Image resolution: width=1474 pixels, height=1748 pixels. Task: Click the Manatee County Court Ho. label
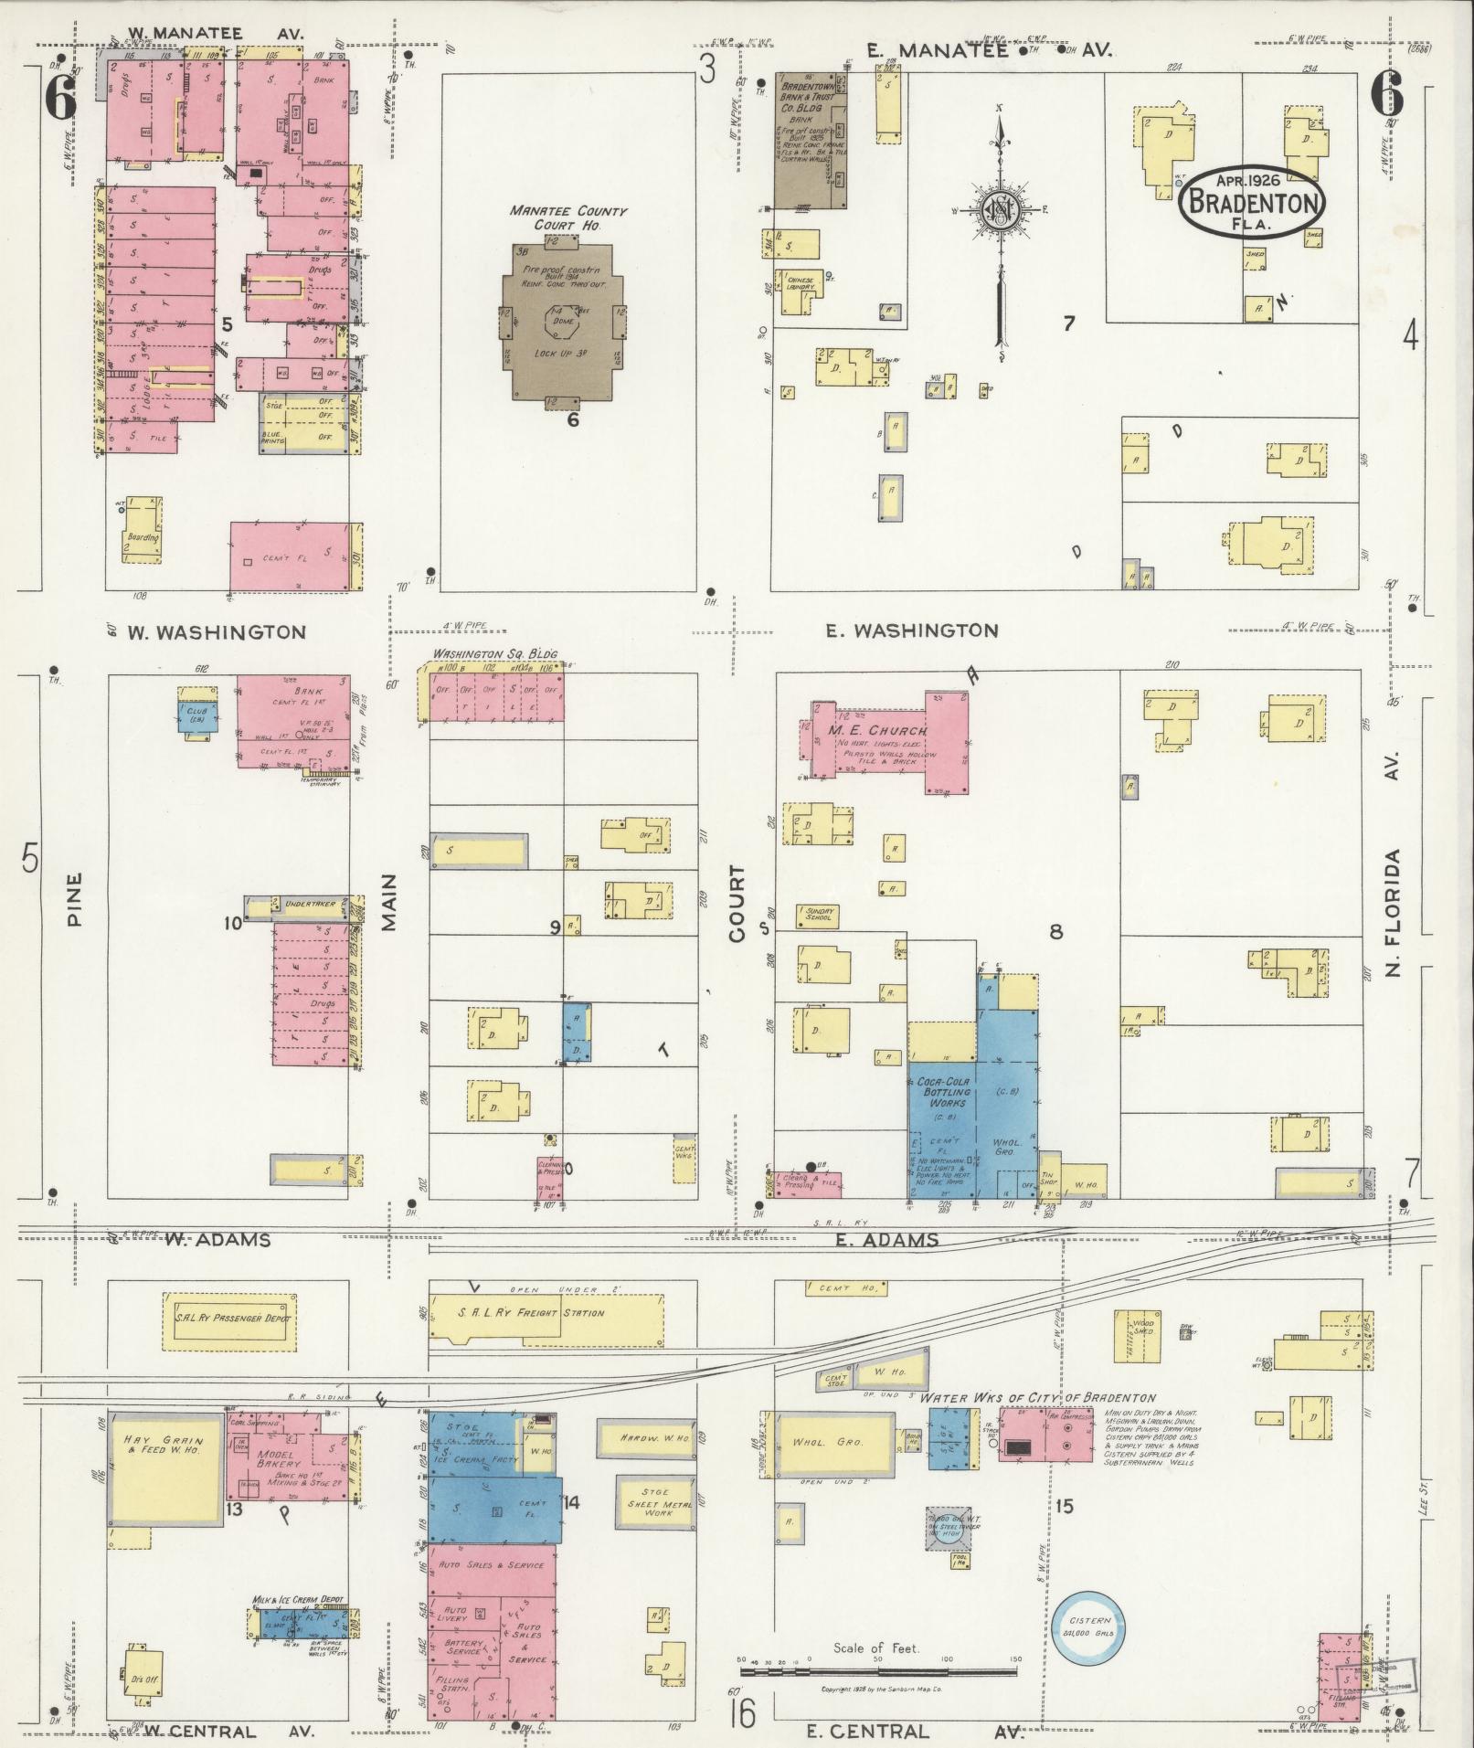tap(567, 217)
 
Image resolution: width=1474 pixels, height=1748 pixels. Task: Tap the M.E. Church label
tap(877, 731)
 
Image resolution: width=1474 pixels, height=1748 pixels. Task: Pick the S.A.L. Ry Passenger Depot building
tap(231, 1319)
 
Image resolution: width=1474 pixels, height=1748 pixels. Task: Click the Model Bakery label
tap(273, 1455)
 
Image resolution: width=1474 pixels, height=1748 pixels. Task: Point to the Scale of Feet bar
tap(878, 1671)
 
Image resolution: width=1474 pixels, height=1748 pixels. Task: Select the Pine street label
tap(74, 899)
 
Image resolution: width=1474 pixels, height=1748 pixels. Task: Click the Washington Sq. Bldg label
tap(493, 654)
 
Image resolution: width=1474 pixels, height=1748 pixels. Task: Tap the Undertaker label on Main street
tap(310, 904)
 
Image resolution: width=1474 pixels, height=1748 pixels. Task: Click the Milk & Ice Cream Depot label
tap(299, 1601)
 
